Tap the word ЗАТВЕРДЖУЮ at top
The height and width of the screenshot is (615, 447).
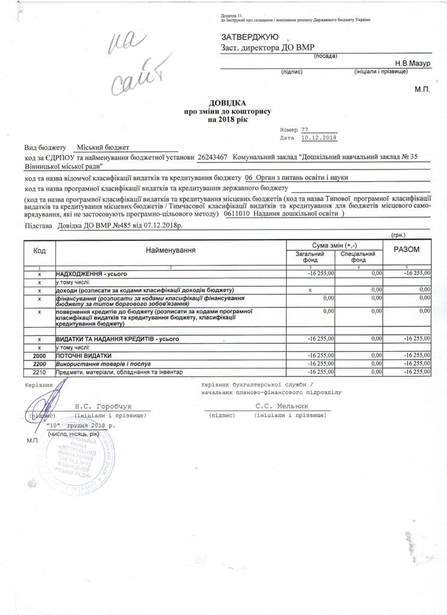[x=248, y=37]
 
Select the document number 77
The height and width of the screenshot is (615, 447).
[x=305, y=130]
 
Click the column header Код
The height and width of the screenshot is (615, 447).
[x=40, y=249]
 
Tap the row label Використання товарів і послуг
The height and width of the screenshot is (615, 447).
[x=103, y=365]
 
